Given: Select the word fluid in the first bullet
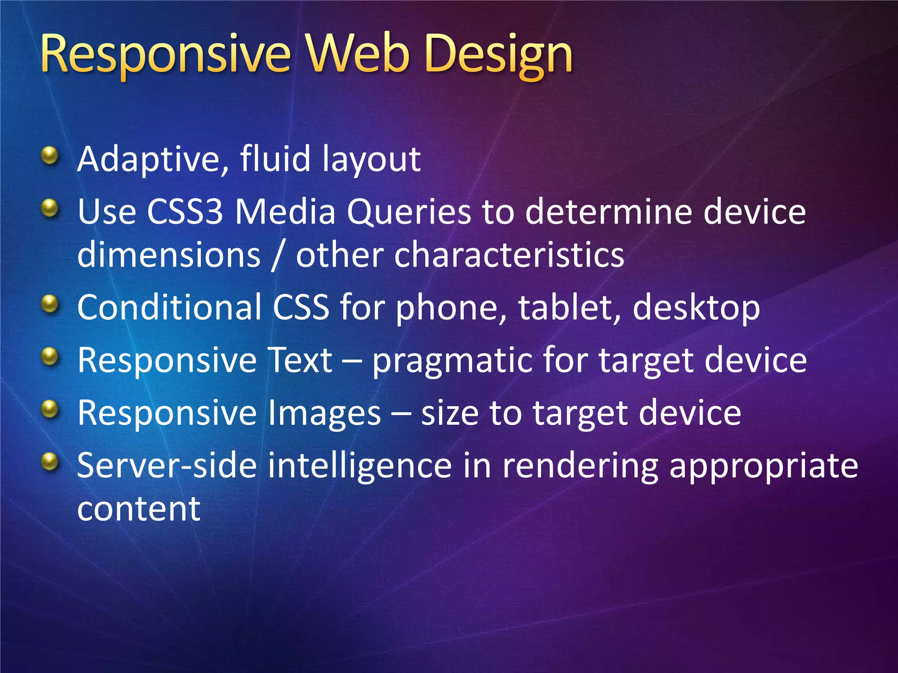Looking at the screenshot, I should tap(275, 159).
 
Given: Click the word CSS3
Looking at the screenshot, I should tap(185, 212).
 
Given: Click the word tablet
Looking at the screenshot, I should tap(569, 308).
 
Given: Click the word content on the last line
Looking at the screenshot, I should tap(139, 509).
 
